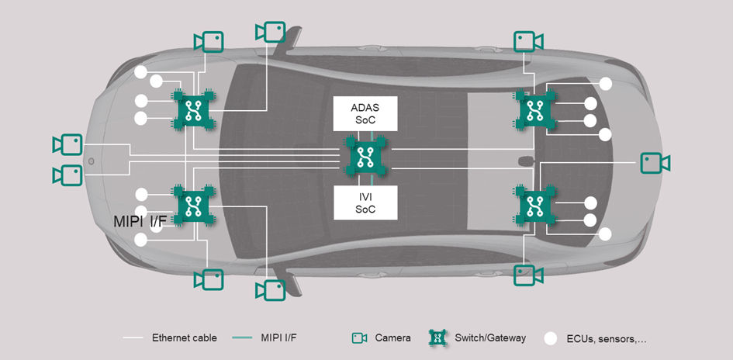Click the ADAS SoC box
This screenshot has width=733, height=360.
pos(365,113)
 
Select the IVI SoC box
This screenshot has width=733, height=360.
pos(365,202)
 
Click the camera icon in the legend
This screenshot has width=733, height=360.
pos(359,337)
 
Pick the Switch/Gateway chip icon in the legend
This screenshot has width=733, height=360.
pos(439,337)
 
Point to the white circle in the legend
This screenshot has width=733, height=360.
pos(551,338)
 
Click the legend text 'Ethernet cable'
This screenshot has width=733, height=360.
pos(185,337)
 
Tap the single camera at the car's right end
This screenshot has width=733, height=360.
pos(655,163)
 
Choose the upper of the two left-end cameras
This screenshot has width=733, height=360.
pos(67,144)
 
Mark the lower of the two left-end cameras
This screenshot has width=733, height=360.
pos(67,175)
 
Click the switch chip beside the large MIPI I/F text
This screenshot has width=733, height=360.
pos(191,206)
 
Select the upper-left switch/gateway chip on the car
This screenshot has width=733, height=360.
pos(191,109)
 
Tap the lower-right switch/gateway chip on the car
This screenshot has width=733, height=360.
pos(534,206)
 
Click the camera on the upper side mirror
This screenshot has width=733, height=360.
pos(271,32)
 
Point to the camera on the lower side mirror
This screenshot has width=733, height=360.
pos(271,290)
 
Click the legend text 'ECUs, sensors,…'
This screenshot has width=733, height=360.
pos(607,337)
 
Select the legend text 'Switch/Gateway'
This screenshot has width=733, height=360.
pos(492,337)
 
